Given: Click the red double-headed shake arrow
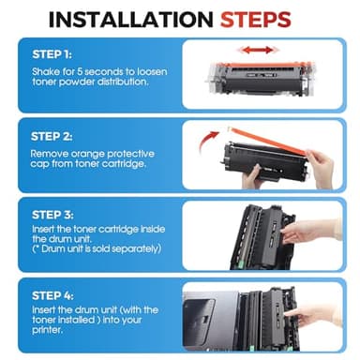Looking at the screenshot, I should point(256,48).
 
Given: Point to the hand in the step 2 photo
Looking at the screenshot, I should point(318,167).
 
